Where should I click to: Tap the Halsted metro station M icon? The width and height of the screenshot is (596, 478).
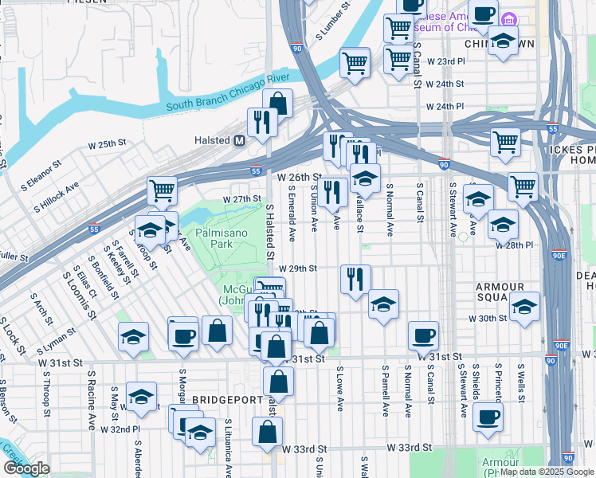pos(238,140)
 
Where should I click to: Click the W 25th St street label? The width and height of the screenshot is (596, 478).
pos(107,145)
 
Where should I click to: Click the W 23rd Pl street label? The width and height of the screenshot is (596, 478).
pos(445,61)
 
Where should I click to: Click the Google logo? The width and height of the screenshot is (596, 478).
pos(26,468)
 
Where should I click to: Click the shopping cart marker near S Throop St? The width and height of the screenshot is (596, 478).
pos(162,190)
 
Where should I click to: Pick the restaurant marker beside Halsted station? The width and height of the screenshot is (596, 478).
pos(261,122)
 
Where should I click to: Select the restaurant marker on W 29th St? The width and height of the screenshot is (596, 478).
pos(354,278)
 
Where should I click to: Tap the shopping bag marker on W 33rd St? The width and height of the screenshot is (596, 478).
pos(267,431)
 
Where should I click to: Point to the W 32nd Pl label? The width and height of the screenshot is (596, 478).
pos(125,428)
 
